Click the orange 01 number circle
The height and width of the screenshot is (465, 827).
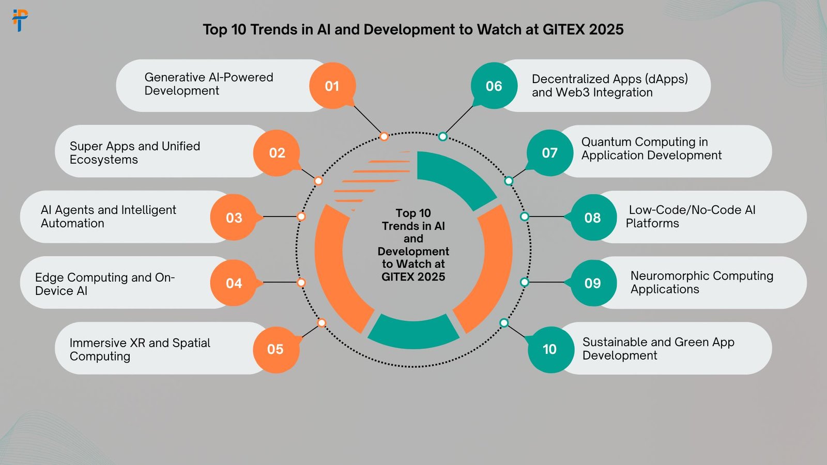(x=332, y=86)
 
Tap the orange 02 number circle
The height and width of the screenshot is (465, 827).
(x=277, y=153)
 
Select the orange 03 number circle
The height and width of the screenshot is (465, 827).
(x=234, y=218)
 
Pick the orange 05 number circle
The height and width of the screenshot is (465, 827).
(x=275, y=349)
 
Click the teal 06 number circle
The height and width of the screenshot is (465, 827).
(x=494, y=86)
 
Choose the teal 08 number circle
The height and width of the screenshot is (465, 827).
(x=593, y=218)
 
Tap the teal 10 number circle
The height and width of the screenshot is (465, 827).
(x=550, y=349)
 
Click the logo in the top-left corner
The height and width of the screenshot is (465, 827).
(x=20, y=20)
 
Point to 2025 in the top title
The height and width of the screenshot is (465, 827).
(x=606, y=29)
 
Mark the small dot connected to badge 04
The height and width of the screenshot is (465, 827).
(x=301, y=283)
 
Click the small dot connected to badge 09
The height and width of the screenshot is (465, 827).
(x=525, y=282)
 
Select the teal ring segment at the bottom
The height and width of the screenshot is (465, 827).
(x=413, y=332)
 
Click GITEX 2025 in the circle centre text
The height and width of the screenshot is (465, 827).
(x=413, y=277)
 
